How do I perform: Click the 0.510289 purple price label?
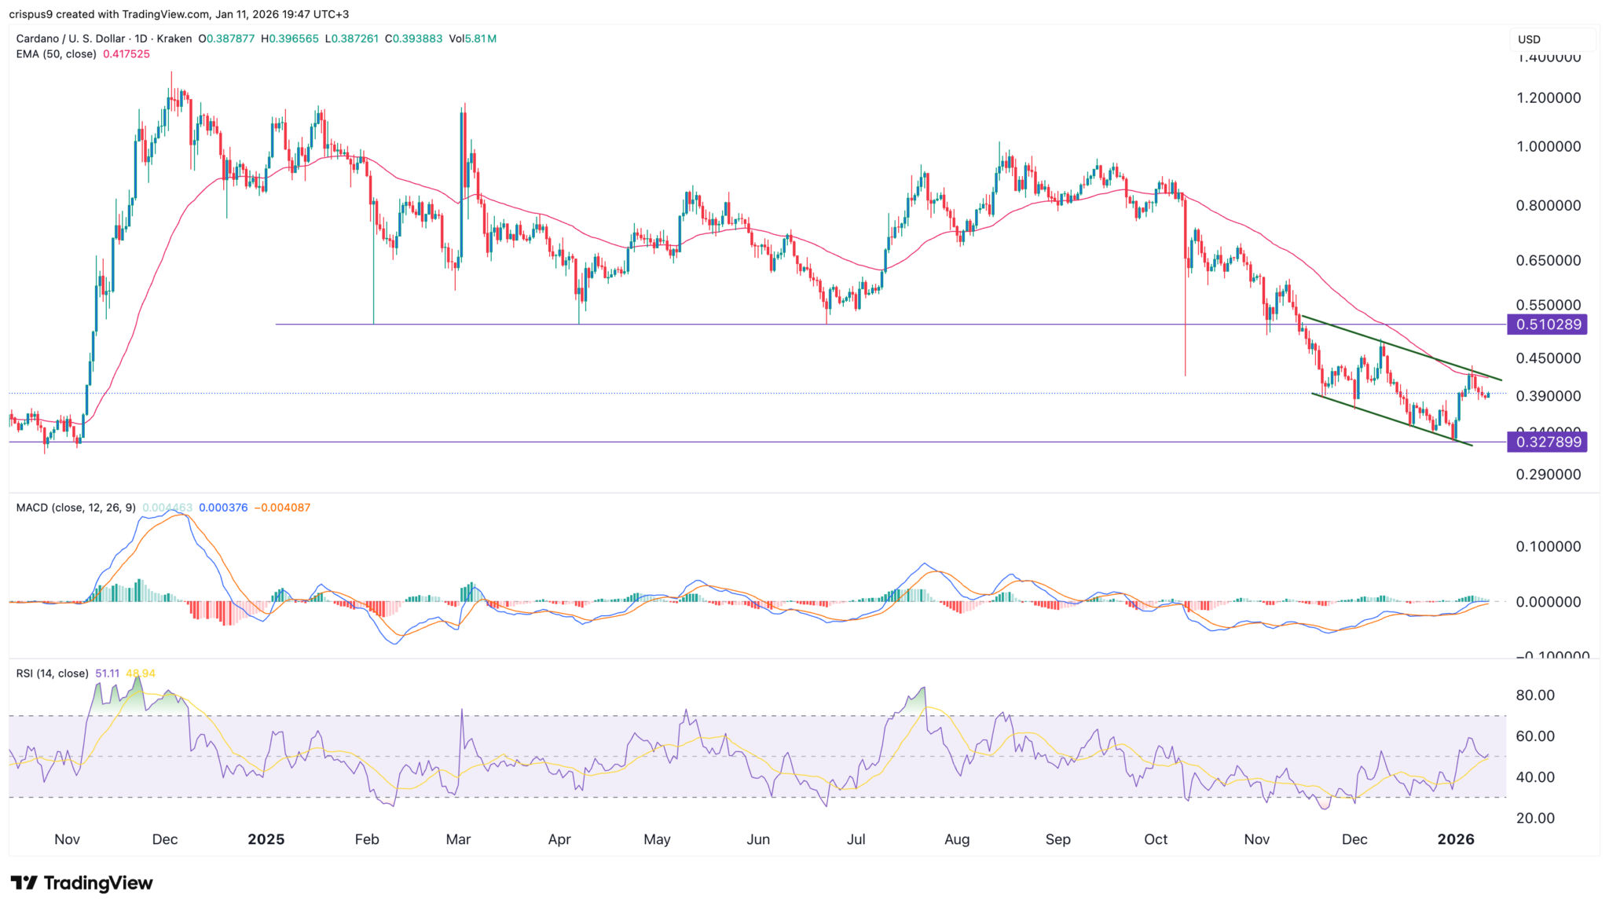[x=1547, y=325]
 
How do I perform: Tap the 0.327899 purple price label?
[x=1547, y=442]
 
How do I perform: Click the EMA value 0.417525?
[x=126, y=54]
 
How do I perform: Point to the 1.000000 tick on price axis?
[x=1548, y=147]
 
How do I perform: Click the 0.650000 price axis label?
[x=1548, y=260]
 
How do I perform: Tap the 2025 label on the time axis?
[x=266, y=839]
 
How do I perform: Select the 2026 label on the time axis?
[x=1455, y=839]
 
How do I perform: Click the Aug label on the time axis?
[x=956, y=839]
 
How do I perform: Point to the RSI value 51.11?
[x=107, y=673]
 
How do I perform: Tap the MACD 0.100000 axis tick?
[x=1548, y=547]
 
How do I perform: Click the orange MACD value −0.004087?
[x=282, y=508]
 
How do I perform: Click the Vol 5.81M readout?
[x=472, y=39]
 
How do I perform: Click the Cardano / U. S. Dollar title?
[x=71, y=39]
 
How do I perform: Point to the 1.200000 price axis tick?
[x=1548, y=98]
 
